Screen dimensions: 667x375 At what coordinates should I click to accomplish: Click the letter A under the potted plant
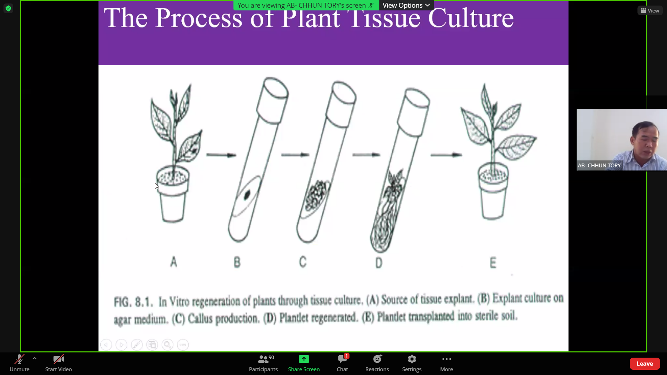click(174, 261)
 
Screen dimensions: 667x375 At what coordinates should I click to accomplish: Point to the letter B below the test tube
click(237, 262)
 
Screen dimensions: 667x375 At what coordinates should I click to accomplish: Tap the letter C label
click(303, 262)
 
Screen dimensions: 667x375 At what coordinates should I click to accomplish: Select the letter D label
click(379, 263)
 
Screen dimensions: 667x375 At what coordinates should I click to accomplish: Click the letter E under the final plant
click(493, 262)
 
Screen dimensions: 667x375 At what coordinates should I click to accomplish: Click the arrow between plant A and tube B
click(221, 155)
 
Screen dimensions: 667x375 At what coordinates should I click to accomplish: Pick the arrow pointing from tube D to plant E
click(446, 155)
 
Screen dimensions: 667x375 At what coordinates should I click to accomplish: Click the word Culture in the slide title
click(471, 18)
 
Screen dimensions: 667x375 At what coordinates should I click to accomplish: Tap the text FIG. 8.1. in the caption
click(133, 302)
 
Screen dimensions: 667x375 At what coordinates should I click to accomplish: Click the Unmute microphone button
click(19, 363)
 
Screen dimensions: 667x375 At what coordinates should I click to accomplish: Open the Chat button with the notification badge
click(342, 363)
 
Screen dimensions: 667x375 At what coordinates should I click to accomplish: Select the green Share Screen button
click(304, 363)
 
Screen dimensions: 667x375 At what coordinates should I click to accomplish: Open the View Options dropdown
click(406, 5)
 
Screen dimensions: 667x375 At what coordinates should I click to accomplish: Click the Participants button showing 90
click(263, 363)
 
